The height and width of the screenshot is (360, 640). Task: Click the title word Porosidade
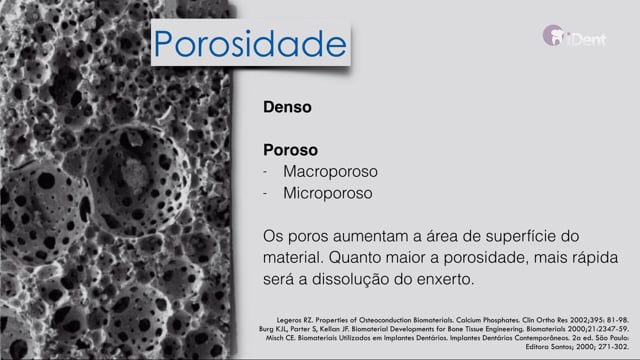tap(250, 44)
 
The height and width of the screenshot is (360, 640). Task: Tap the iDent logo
tap(574, 36)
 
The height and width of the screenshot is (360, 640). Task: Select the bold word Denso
tap(287, 107)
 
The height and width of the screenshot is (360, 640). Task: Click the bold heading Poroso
tap(290, 150)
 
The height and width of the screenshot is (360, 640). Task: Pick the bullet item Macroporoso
tap(330, 171)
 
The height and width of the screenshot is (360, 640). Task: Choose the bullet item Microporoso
tap(328, 193)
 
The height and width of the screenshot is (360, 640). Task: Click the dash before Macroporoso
tap(265, 172)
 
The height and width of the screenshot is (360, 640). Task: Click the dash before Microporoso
tap(265, 194)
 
